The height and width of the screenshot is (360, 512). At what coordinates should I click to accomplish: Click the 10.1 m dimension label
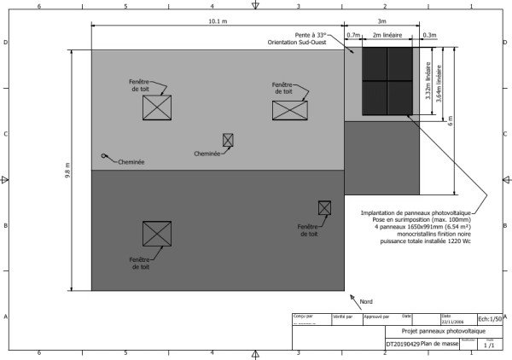[x=218, y=20]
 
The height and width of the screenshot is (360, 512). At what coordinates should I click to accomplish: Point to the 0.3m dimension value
[x=429, y=36]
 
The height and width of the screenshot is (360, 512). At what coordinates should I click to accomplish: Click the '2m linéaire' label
[x=389, y=36]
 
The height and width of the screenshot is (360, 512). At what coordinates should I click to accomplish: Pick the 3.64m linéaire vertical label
[x=439, y=86]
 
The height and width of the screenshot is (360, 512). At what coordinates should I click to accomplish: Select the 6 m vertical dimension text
[x=450, y=122]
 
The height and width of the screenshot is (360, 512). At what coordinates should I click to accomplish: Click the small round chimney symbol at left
[x=103, y=156]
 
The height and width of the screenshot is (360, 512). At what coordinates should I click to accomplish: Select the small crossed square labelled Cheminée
[x=228, y=140]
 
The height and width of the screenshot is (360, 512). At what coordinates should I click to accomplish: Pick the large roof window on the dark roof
[x=157, y=234]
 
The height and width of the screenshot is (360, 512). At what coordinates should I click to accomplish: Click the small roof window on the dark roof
[x=324, y=207]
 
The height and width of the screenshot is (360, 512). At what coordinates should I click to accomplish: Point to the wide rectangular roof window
[x=289, y=109]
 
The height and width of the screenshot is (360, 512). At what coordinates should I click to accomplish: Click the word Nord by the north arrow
[x=366, y=302]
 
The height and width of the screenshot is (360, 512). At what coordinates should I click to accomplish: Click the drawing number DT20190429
[x=403, y=344]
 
